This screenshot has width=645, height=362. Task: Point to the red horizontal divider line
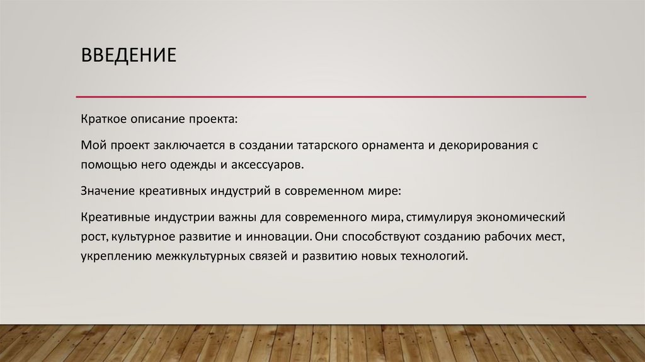(331, 96)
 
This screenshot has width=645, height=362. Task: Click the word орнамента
(391, 146)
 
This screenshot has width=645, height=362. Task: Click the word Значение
(106, 190)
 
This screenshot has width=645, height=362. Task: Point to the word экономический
(519, 218)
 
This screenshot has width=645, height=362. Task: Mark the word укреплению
(114, 257)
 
